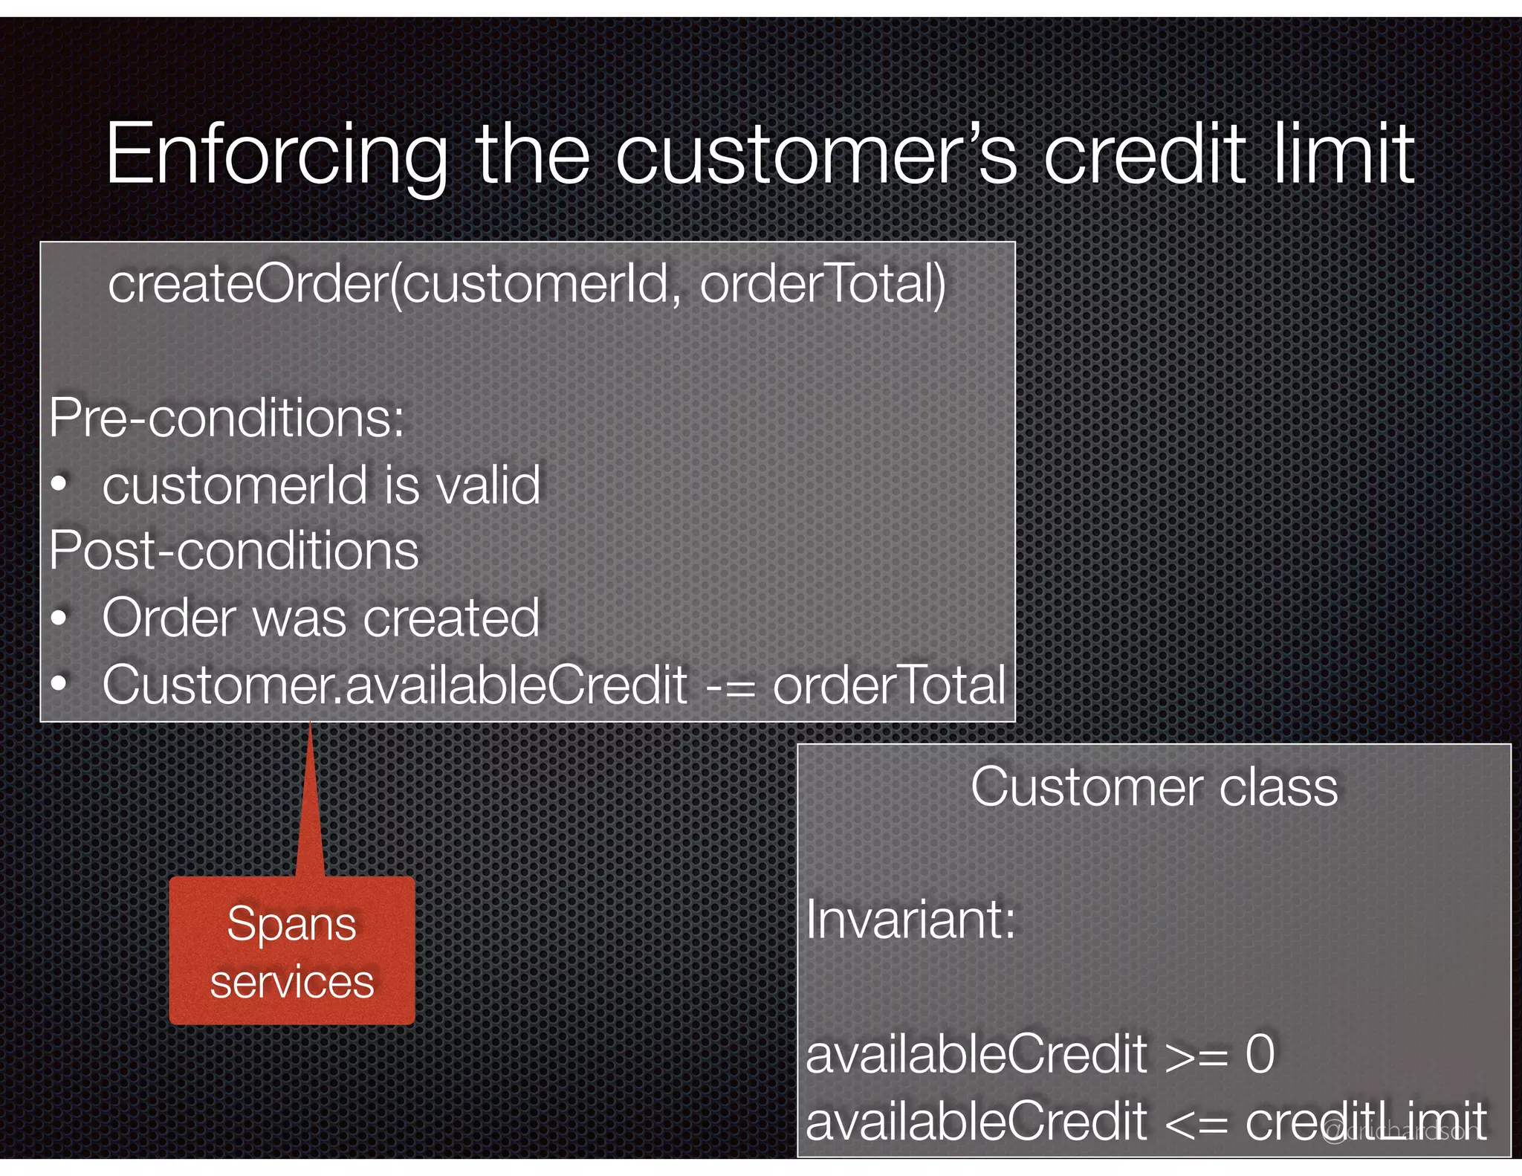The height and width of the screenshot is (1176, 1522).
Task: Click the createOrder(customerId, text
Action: click(389, 284)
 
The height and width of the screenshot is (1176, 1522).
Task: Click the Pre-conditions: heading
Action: click(227, 418)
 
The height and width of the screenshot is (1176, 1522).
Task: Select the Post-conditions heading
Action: click(234, 551)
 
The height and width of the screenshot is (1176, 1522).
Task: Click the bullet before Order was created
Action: click(60, 618)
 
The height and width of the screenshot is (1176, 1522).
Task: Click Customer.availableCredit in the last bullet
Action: click(395, 685)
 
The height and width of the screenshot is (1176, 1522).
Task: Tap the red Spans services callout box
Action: click(292, 951)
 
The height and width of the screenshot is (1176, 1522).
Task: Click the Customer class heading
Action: click(1153, 786)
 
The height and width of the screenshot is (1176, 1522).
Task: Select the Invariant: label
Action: click(910, 920)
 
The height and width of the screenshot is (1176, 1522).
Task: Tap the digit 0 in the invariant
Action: click(1260, 1053)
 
